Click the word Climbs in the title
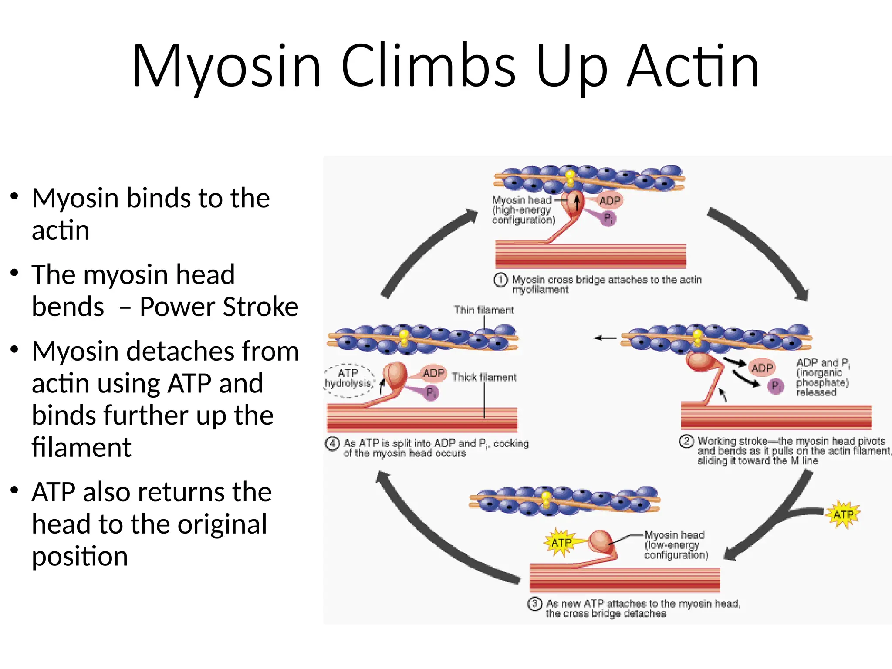428,67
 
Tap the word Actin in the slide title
693,67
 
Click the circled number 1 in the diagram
500,280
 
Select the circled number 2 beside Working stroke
686,441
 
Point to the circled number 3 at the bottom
535,604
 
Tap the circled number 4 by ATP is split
332,443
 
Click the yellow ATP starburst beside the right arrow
843,514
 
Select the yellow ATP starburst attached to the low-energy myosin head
560,543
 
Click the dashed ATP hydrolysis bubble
348,379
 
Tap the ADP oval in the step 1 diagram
609,201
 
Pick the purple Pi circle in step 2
775,386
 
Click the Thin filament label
484,310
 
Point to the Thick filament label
484,377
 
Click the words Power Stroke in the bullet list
219,307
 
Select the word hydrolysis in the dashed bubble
348,384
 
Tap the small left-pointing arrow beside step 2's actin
605,338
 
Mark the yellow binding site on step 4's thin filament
404,338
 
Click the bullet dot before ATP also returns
15,490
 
